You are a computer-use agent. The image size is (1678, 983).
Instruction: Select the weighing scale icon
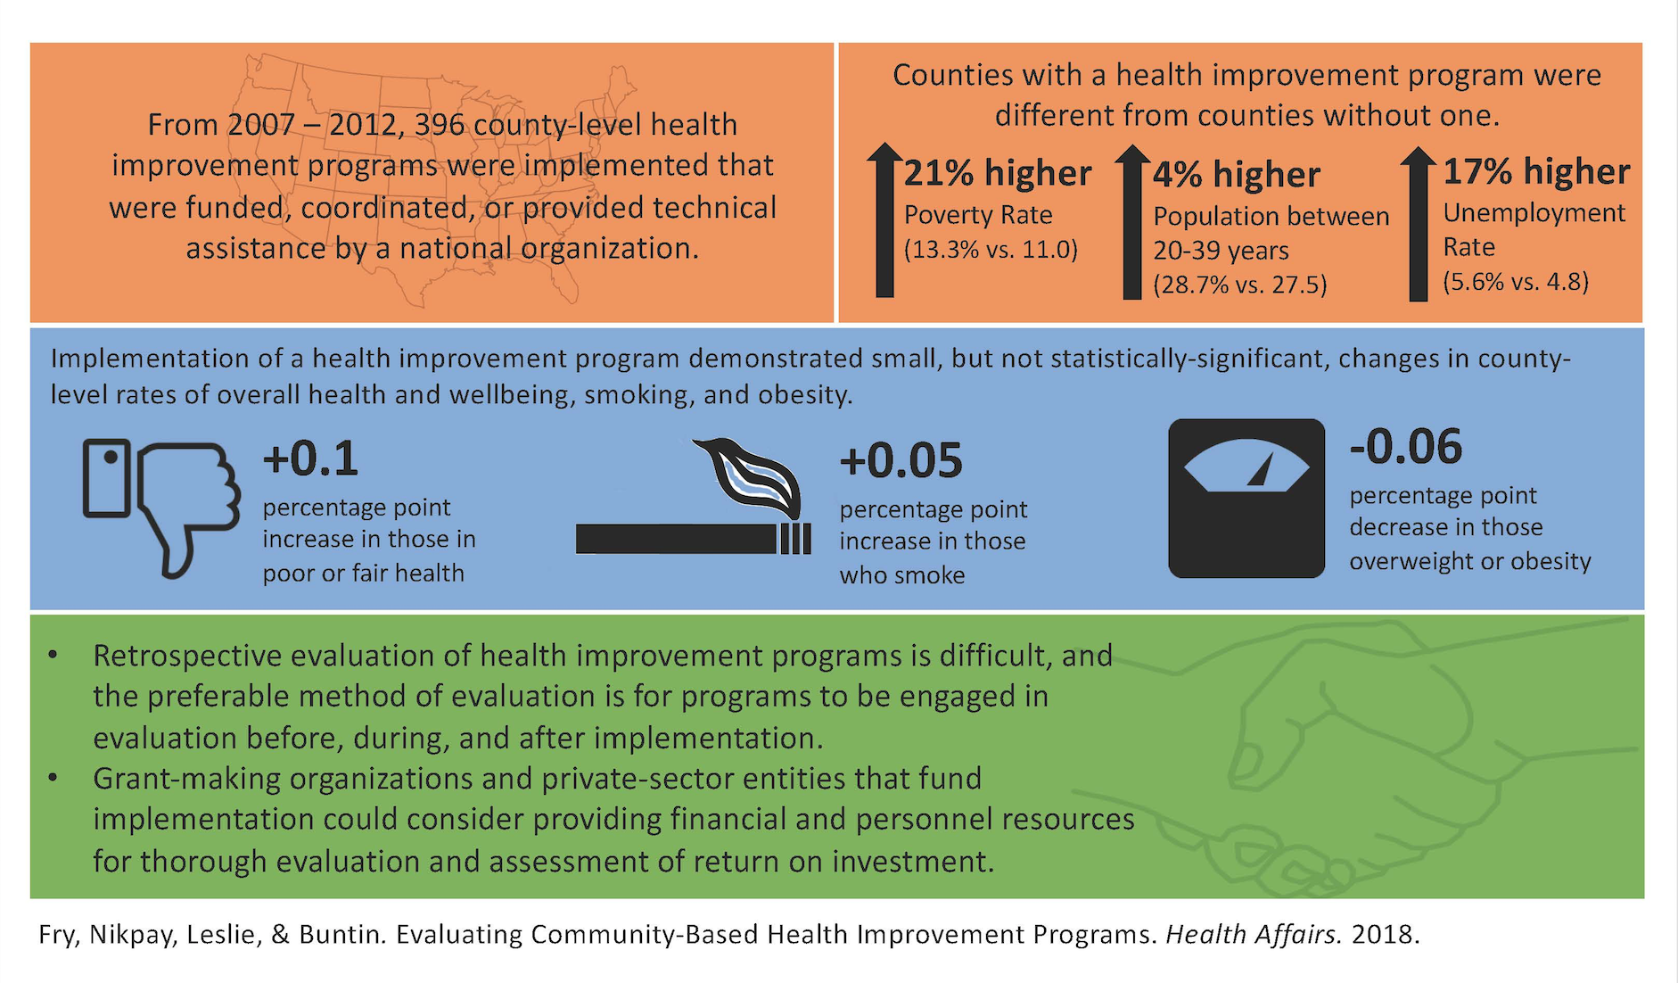tap(1246, 498)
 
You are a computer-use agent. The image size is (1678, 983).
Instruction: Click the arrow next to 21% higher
tap(884, 219)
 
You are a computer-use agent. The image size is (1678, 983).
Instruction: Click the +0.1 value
tap(310, 458)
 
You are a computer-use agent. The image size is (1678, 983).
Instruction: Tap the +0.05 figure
tap(901, 460)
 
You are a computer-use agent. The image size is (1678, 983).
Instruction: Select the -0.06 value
tap(1406, 446)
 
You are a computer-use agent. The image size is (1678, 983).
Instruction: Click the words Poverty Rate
tap(978, 215)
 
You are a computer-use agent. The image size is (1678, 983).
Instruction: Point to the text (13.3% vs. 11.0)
tap(991, 250)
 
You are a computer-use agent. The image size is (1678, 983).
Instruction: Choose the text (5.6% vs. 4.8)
tap(1516, 282)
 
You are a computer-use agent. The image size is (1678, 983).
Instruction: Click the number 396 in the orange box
tap(440, 124)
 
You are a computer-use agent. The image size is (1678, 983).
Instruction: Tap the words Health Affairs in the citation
tap(1254, 934)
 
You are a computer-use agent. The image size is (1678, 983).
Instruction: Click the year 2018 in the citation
tap(1382, 934)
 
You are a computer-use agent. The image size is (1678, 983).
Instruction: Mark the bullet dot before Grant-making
tap(53, 778)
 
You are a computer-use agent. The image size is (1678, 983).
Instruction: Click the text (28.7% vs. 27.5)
tap(1240, 285)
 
